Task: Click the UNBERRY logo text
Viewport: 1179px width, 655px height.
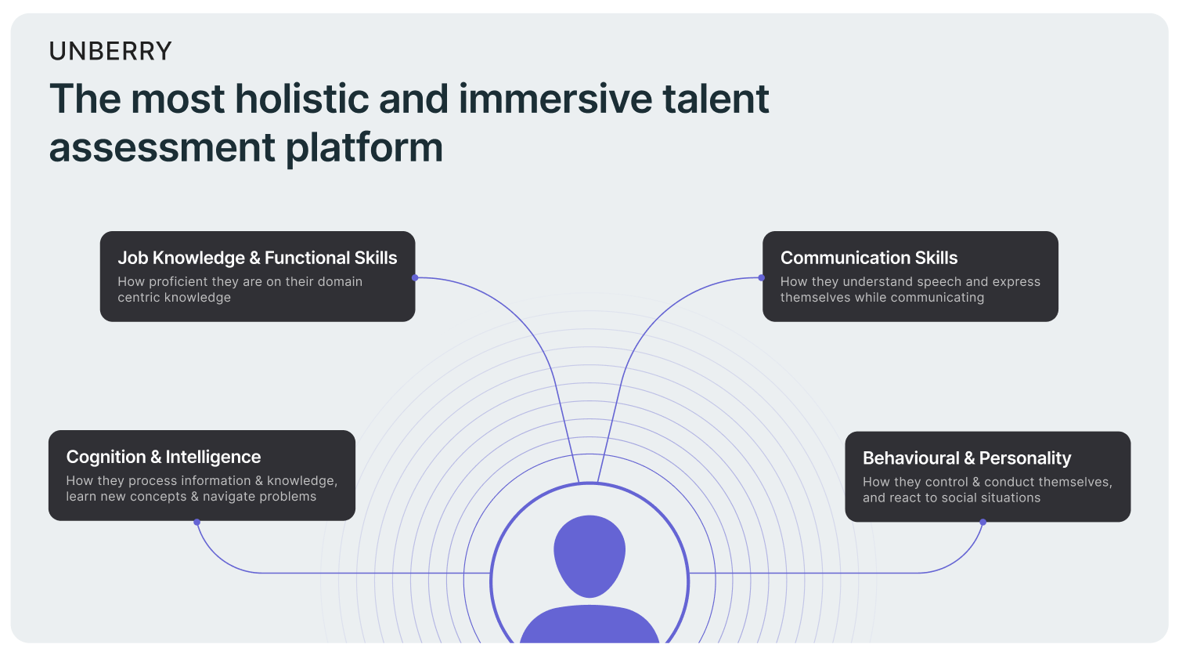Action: pyautogui.click(x=110, y=51)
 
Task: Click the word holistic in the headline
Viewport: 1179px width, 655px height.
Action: pyautogui.click(x=301, y=98)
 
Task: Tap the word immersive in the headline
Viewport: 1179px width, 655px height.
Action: pyautogui.click(x=555, y=98)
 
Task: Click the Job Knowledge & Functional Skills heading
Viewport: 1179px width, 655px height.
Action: pyautogui.click(x=258, y=258)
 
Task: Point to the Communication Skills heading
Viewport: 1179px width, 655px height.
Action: pyautogui.click(x=869, y=258)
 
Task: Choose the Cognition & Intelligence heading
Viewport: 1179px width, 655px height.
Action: pyautogui.click(x=163, y=457)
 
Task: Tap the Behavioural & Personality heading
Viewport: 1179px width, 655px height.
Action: pyautogui.click(x=967, y=458)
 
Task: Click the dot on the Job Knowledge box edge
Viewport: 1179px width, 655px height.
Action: pyautogui.click(x=415, y=277)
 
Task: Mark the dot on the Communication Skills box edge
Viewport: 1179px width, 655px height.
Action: pyautogui.click(x=761, y=277)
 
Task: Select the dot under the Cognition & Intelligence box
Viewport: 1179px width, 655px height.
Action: pyautogui.click(x=196, y=523)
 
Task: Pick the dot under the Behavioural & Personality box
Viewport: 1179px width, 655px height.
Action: pyautogui.click(x=982, y=523)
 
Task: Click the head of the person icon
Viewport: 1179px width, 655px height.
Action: pyautogui.click(x=589, y=556)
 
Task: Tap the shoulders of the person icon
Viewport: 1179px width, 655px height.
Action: pyautogui.click(x=589, y=624)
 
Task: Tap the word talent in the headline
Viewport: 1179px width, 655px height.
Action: pyautogui.click(x=716, y=98)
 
